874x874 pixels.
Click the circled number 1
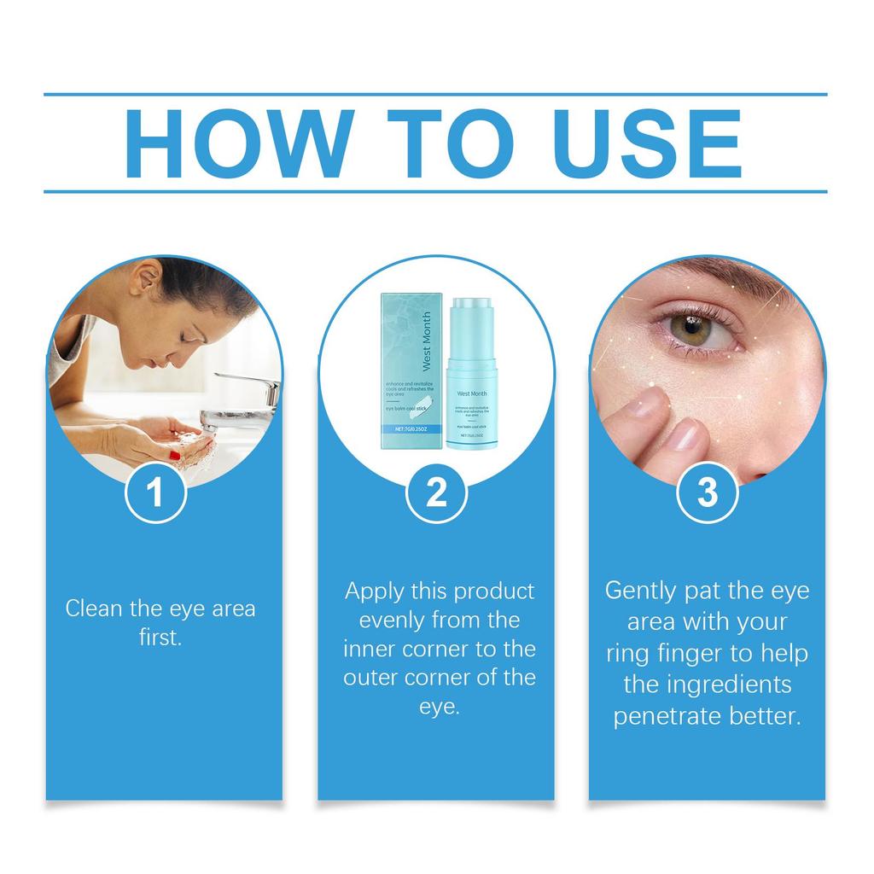pyautogui.click(x=155, y=493)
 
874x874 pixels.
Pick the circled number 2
pyautogui.click(x=435, y=493)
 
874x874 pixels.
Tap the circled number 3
pyautogui.click(x=707, y=493)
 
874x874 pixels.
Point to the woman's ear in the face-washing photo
pyautogui.click(x=146, y=278)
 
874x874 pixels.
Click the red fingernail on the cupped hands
pyautogui.click(x=175, y=456)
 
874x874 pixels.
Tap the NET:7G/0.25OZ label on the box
pyautogui.click(x=408, y=431)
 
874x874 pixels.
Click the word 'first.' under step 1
pyautogui.click(x=160, y=638)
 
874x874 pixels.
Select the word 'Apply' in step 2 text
pyautogui.click(x=372, y=591)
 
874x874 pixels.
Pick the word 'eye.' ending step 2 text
pyautogui.click(x=439, y=707)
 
